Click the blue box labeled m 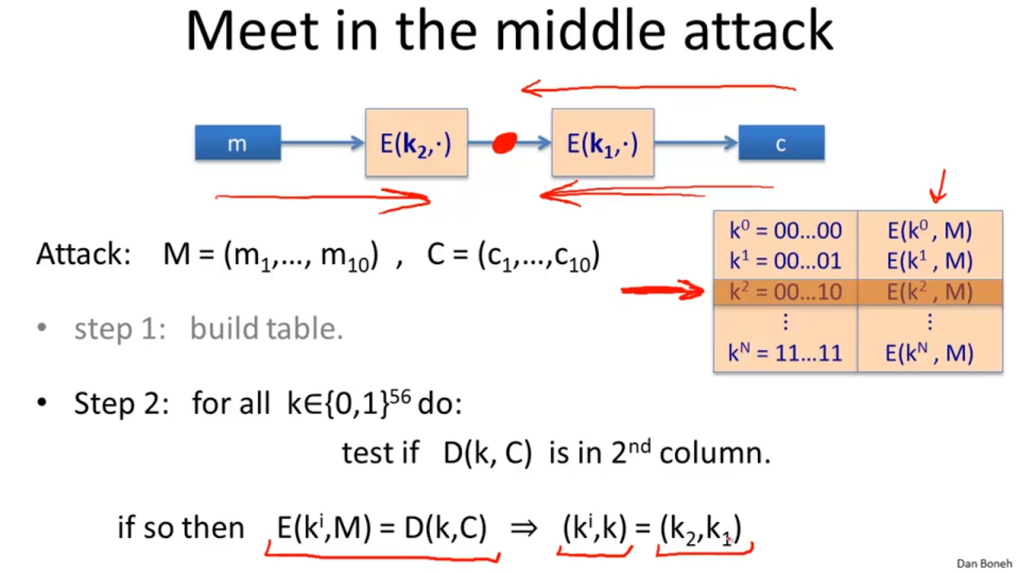point(238,143)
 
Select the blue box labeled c point(781,143)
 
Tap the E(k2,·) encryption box point(416,143)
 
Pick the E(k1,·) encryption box point(602,143)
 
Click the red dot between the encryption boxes point(504,143)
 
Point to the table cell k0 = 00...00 point(785,230)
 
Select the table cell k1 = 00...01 point(785,261)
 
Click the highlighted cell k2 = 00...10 point(785,292)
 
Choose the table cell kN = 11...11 point(785,353)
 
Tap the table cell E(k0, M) point(929,230)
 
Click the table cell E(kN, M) point(929,353)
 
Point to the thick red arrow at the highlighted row point(662,291)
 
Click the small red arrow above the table point(939,187)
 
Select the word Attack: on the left point(83,254)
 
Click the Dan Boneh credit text point(983,563)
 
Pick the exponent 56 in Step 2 point(400,397)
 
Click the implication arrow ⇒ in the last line point(524,528)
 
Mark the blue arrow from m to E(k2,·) point(322,143)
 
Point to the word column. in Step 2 point(715,453)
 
